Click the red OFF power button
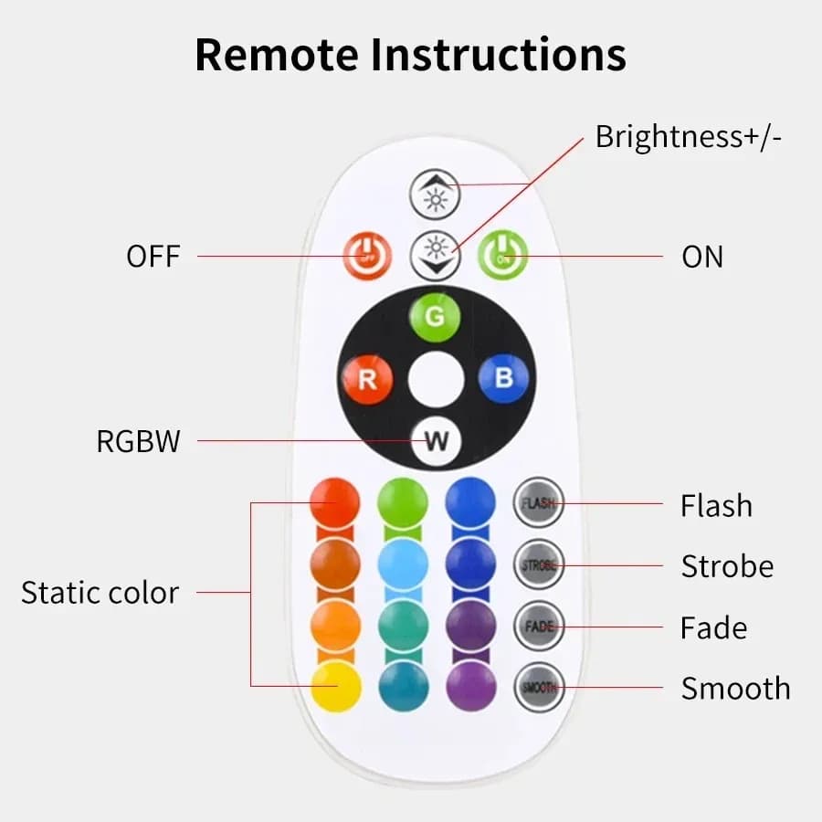367,256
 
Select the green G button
435,317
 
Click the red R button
367,379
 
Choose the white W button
436,441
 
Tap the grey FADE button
539,627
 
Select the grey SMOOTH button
539,687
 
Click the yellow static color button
335,686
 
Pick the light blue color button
403,564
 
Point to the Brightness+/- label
689,137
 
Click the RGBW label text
139,442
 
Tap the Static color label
100,593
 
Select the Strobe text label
727,566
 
